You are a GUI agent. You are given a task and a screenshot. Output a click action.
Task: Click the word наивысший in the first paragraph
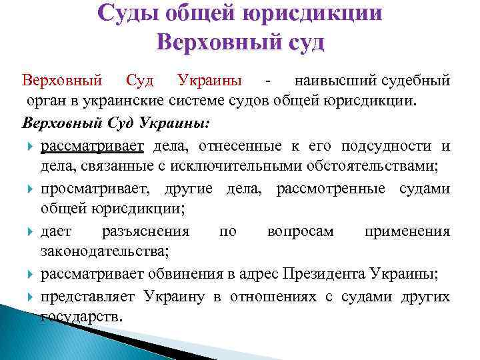[x=327, y=81]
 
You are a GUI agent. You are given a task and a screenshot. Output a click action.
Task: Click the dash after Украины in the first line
[x=267, y=82]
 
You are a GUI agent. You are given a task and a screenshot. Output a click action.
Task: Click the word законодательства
[x=104, y=251]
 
